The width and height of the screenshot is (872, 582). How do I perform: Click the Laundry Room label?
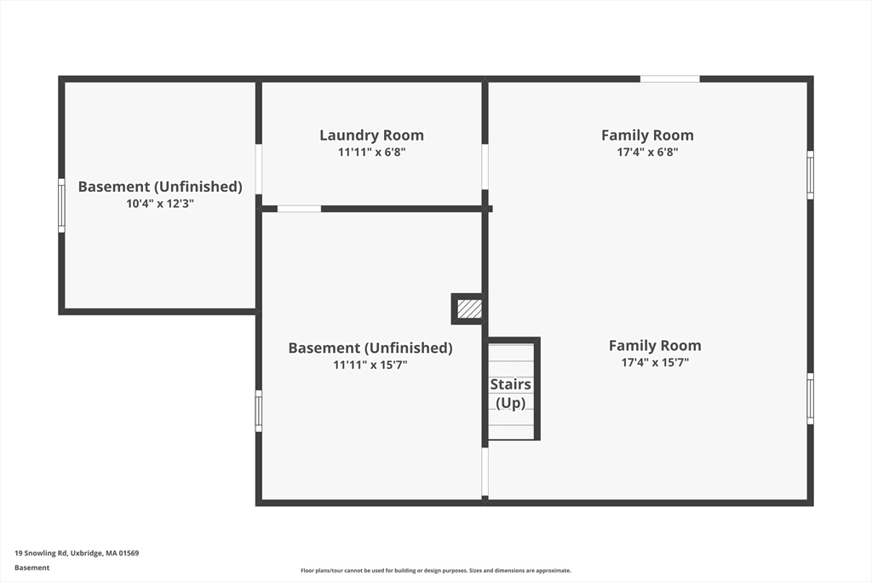coord(371,135)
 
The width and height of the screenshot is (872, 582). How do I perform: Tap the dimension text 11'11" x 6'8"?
coord(371,152)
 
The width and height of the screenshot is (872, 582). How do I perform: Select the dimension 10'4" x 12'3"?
coord(160,204)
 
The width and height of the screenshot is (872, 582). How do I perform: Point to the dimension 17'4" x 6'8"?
coord(647,152)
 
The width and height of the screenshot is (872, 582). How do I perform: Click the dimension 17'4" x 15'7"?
coord(655,363)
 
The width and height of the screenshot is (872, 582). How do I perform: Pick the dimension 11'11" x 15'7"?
coord(370,365)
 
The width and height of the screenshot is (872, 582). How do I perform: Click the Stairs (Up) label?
coord(511,394)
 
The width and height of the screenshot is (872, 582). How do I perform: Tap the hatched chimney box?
coord(469,308)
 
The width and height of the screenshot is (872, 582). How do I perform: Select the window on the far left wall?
coord(61,205)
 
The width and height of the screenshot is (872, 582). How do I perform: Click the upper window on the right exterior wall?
coord(811,175)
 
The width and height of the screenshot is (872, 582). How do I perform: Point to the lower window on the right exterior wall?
coord(811,399)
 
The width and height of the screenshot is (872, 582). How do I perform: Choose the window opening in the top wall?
coord(669,79)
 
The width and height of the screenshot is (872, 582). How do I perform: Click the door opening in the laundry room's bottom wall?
coord(299,210)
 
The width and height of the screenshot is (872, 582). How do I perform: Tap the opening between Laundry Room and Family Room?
coord(485,167)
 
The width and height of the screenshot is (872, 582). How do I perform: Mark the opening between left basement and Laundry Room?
coord(259,170)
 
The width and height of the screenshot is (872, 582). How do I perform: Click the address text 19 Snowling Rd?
coord(41,553)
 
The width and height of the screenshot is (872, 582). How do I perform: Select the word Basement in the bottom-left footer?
coord(32,568)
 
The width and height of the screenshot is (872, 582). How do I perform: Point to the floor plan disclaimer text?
coord(436,570)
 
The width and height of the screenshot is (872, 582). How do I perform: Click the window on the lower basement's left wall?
coord(259,411)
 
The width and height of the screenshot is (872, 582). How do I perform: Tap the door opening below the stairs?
coord(485,472)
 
